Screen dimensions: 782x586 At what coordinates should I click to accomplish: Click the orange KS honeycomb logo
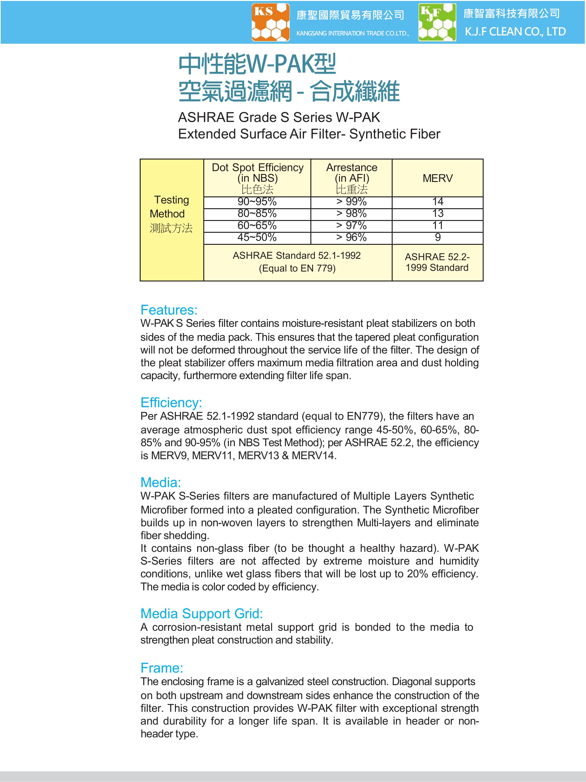270,22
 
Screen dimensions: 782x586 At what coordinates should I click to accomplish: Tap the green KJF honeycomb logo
437,22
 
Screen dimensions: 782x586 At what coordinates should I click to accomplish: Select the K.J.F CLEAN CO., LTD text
515,32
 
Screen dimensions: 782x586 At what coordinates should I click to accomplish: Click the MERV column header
438,178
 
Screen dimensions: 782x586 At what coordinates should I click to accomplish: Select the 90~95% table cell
257,202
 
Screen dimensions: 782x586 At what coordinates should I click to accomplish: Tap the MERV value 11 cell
438,225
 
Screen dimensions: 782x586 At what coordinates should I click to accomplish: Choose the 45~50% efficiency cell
257,238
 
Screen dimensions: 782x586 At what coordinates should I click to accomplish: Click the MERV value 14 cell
438,202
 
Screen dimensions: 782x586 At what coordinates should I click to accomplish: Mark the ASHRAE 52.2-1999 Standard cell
438,262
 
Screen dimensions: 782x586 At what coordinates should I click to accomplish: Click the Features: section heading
169,310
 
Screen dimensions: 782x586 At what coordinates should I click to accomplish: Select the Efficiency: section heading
171,403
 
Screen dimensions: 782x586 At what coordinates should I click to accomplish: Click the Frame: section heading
162,668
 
